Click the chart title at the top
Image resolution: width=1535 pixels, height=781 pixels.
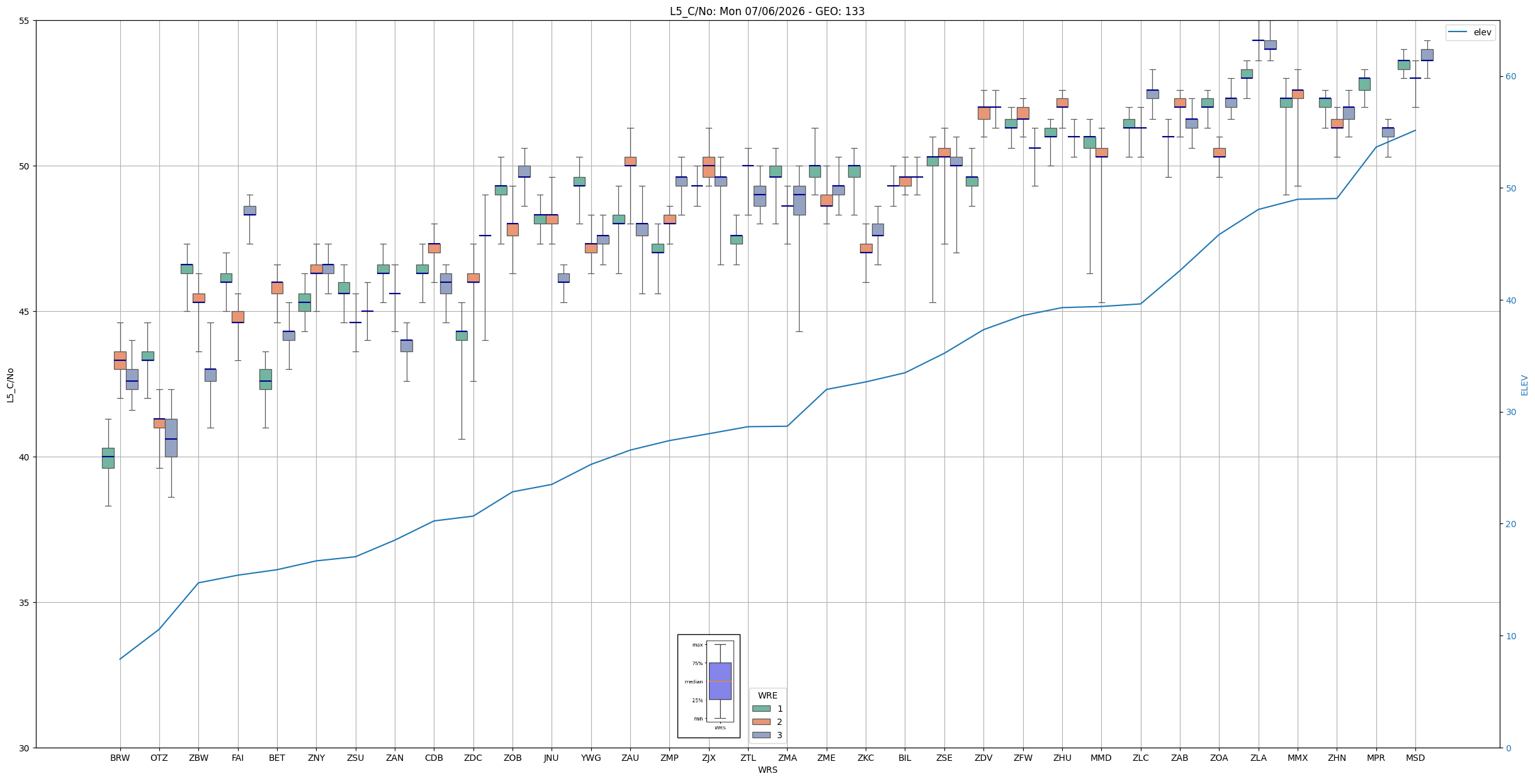pos(767,11)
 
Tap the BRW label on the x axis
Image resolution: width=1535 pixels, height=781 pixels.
pos(120,758)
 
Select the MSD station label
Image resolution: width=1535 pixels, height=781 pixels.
pos(1415,758)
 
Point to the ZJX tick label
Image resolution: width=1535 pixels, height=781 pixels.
pos(709,758)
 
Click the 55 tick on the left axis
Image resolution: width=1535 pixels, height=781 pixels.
pos(25,21)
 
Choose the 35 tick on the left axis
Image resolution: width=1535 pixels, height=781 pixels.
pos(25,603)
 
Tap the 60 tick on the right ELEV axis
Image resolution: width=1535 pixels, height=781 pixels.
pos(1510,77)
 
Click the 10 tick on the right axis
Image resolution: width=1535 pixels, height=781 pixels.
pos(1510,636)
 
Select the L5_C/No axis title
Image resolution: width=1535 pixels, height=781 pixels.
pos(10,385)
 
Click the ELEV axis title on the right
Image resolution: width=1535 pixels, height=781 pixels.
pos(1524,385)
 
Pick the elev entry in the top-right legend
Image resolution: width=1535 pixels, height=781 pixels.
pos(1470,33)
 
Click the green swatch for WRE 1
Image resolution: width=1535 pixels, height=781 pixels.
pos(761,709)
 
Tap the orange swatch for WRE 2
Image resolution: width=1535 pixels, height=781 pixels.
pos(761,722)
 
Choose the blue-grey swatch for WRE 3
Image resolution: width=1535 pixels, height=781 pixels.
pos(761,735)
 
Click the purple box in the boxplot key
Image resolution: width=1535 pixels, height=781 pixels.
pos(720,681)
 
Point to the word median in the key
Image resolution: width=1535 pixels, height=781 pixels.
pos(693,681)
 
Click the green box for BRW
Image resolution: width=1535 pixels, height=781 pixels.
pos(108,458)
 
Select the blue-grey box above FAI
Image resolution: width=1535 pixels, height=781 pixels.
pos(250,210)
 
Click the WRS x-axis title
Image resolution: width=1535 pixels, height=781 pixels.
pos(767,770)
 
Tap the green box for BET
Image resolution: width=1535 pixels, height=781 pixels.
pos(266,379)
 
